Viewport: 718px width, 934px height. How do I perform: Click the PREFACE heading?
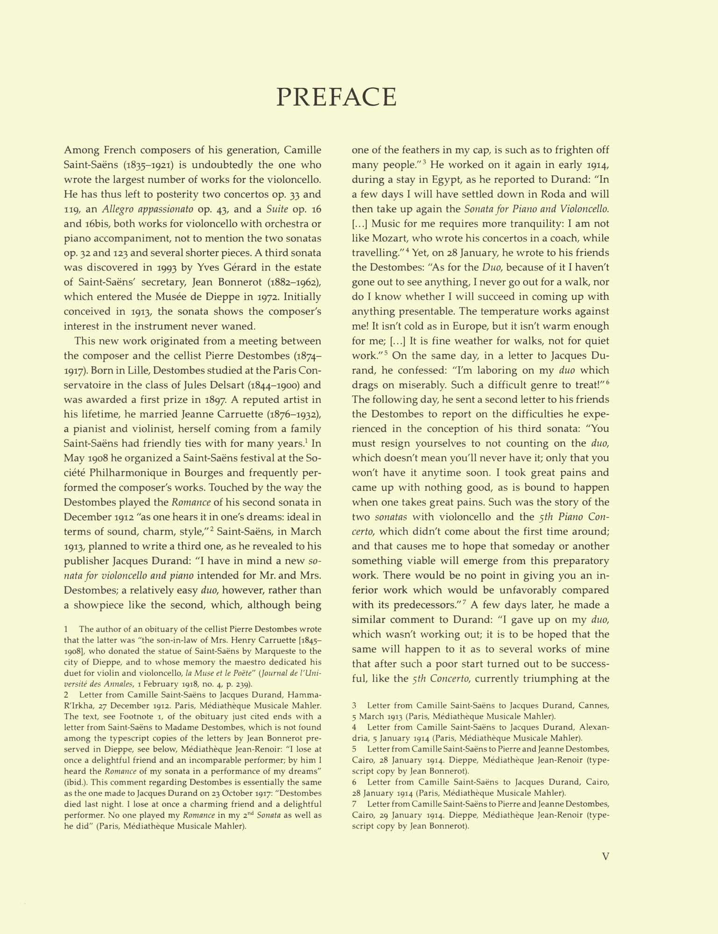point(337,97)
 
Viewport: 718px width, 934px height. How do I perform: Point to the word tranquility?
point(496,223)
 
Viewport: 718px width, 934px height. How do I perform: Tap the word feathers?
point(420,150)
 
